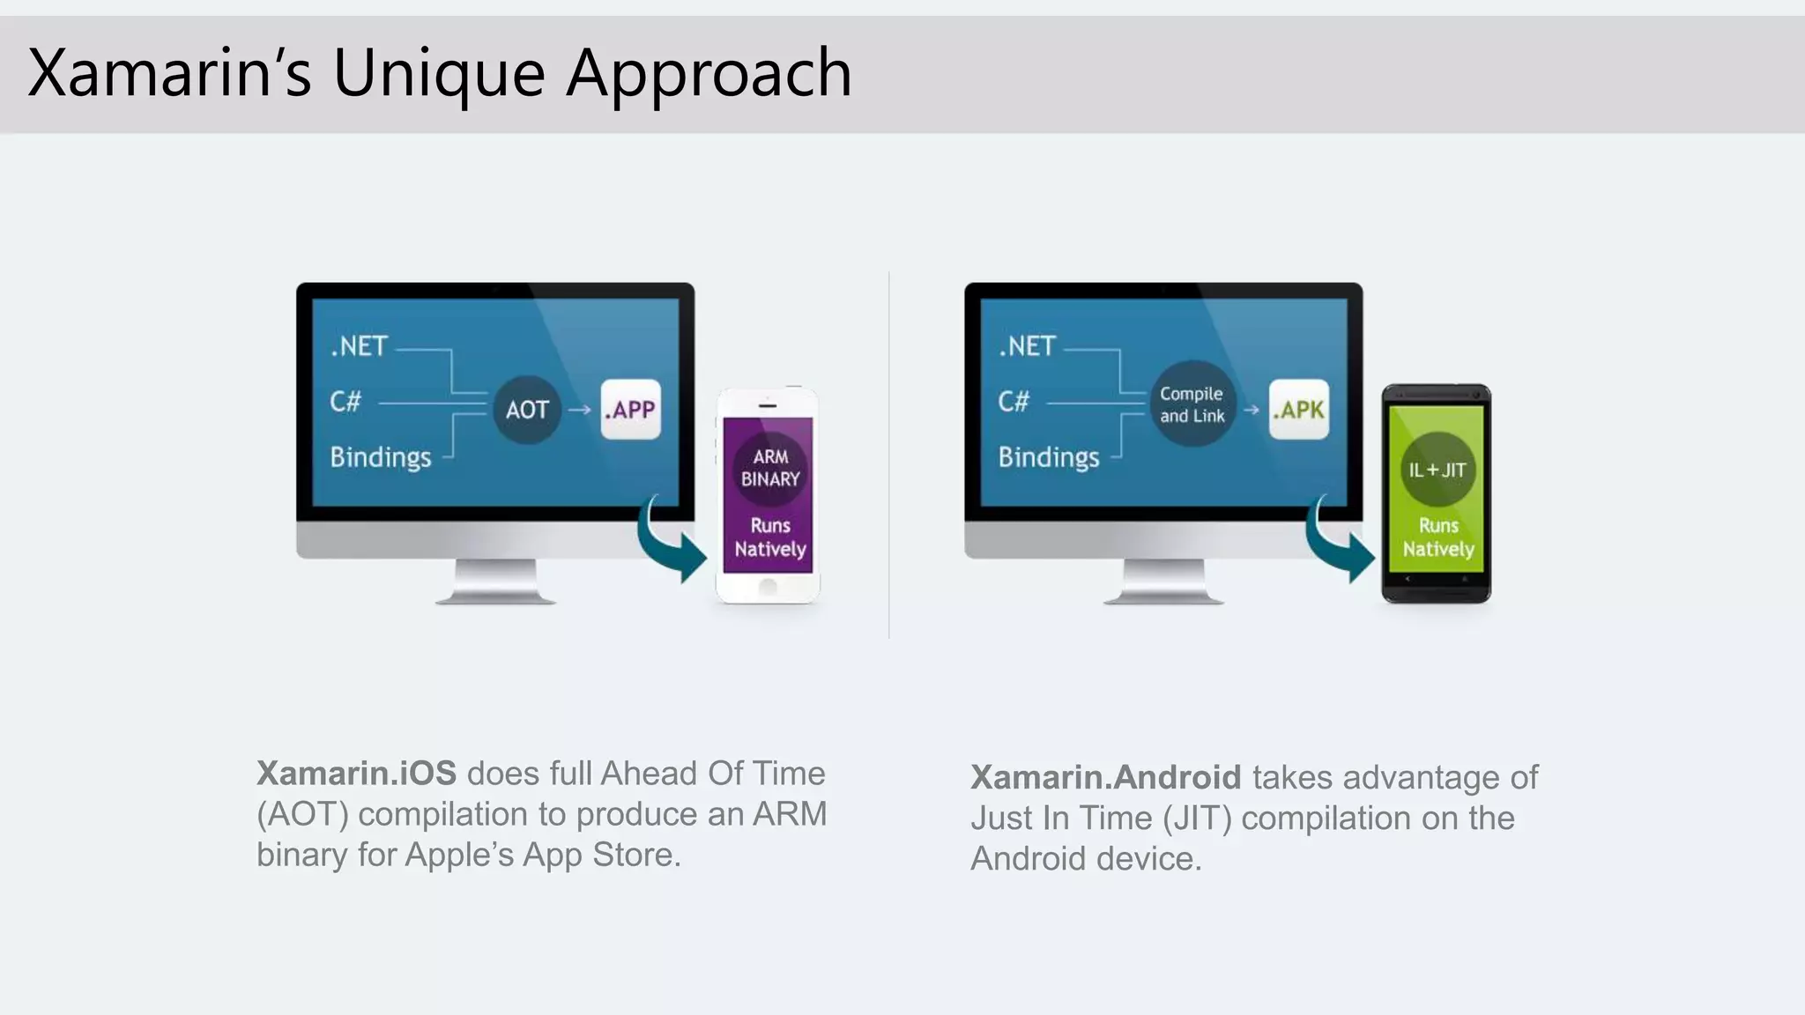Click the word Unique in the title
click(438, 74)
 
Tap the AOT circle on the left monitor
click(527, 410)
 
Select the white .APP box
click(631, 410)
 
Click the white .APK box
click(1299, 410)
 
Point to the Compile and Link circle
click(1192, 404)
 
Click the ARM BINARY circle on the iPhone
click(769, 468)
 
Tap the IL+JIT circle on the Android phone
click(1437, 470)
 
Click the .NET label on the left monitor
click(360, 346)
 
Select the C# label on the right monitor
click(1014, 402)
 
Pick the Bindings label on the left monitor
click(381, 457)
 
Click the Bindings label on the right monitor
click(1049, 457)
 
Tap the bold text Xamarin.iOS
click(356, 774)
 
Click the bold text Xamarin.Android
click(1105, 778)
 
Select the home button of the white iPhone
click(768, 587)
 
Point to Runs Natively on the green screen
click(1438, 537)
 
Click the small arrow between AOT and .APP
click(579, 410)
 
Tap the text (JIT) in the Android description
click(1197, 819)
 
